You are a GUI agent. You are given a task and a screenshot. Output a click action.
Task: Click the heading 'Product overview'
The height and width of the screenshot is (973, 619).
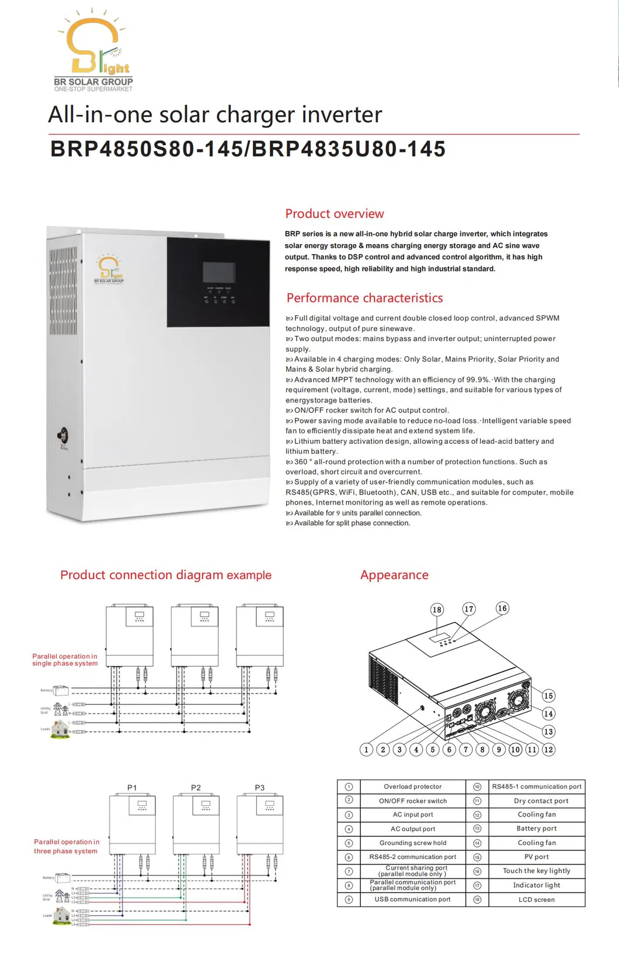click(334, 214)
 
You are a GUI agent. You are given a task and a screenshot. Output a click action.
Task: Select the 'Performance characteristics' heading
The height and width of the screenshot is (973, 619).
click(364, 298)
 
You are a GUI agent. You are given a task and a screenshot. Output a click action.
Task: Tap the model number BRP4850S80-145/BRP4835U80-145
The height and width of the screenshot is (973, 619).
click(248, 149)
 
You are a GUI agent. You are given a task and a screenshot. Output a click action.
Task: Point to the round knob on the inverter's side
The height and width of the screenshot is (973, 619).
click(62, 435)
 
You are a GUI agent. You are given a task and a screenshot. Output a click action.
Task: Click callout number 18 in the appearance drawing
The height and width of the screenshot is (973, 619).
click(437, 610)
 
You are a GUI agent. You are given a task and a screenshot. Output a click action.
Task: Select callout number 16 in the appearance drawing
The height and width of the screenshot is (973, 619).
click(502, 608)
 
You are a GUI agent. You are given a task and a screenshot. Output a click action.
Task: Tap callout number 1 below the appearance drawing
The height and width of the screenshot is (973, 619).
click(366, 749)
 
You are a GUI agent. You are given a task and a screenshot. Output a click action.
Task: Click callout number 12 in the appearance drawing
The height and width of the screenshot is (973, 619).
click(548, 749)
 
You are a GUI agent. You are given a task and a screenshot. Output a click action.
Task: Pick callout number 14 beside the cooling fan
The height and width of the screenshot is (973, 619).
click(548, 714)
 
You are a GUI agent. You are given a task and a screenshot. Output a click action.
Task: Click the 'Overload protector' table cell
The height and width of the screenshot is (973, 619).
click(412, 787)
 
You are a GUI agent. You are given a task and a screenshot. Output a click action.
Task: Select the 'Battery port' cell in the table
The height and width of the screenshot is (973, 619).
click(537, 828)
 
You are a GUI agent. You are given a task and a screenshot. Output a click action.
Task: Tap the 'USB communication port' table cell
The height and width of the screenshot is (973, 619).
click(412, 899)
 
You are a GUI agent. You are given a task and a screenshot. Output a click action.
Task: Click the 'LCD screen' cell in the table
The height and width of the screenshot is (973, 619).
click(537, 899)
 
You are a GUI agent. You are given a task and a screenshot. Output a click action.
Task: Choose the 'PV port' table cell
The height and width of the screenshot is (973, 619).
click(537, 857)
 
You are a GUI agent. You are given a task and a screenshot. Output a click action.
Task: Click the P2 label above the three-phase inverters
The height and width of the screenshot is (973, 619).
click(196, 788)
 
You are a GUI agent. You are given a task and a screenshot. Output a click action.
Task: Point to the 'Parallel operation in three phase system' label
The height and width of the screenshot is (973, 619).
click(66, 846)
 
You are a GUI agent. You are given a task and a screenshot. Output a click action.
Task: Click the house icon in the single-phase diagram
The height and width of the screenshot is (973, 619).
click(60, 728)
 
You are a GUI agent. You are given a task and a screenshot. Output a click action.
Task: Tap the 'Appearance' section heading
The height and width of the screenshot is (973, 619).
click(394, 575)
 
